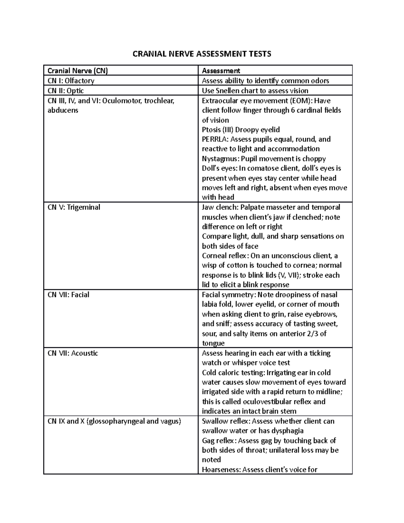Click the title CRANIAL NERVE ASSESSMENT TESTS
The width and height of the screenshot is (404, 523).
coord(202,54)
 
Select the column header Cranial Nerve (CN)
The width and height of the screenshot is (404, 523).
coord(78,70)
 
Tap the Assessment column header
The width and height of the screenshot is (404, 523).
coord(221,70)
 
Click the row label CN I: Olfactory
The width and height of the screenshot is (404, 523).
coord(71,80)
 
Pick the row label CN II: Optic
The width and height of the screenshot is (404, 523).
coord(66,91)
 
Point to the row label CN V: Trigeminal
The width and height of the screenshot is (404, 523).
coord(74,207)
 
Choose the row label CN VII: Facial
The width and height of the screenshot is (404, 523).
coord(68,295)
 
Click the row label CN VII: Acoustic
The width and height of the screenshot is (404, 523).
coord(73,353)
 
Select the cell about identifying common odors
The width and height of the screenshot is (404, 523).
coord(265,80)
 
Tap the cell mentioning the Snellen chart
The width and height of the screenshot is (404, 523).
coord(255,91)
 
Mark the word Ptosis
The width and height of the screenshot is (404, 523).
coord(211,130)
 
